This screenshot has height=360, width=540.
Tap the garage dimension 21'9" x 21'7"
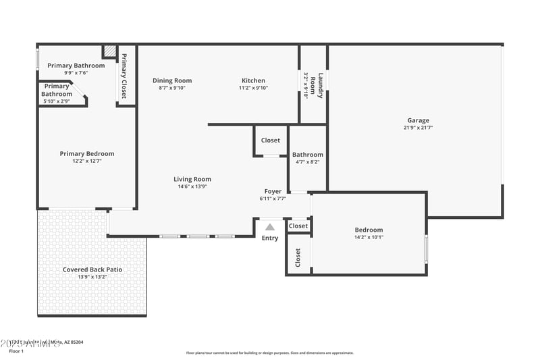click(418, 128)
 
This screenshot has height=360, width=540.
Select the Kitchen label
click(253, 80)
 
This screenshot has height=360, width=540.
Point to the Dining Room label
click(172, 80)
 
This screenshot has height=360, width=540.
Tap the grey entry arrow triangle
click(270, 227)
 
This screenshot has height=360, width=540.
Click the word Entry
click(270, 238)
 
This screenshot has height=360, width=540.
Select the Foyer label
click(273, 191)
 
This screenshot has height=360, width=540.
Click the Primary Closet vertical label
click(124, 75)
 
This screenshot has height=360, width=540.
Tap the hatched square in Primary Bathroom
click(109, 52)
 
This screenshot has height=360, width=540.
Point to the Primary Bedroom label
click(86, 153)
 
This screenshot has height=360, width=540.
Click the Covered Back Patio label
click(92, 269)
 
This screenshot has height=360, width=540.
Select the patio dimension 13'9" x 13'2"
click(92, 277)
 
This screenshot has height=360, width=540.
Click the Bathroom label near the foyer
click(308, 155)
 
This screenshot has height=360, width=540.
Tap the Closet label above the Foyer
click(271, 140)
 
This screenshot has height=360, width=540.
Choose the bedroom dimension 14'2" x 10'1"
click(369, 237)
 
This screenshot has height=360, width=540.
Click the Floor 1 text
click(16, 351)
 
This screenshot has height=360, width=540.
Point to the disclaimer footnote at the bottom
click(269, 353)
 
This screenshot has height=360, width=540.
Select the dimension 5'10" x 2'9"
click(57, 101)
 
